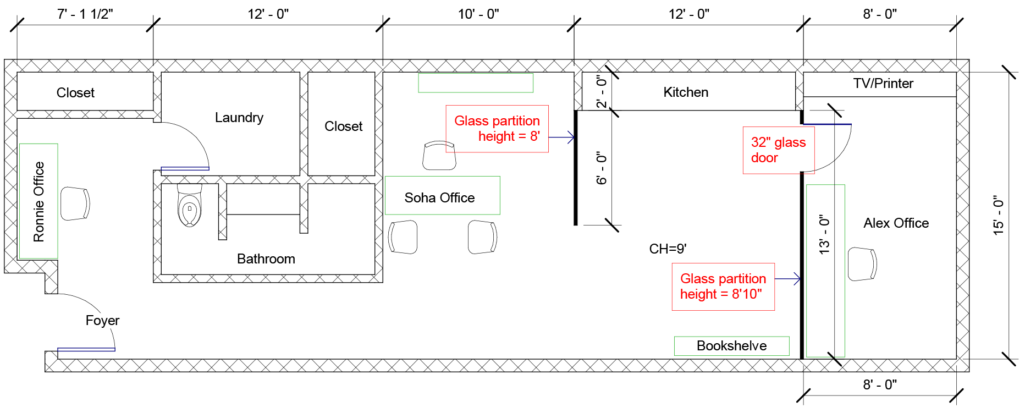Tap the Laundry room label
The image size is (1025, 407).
click(x=239, y=118)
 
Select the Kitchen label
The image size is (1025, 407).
click(x=686, y=92)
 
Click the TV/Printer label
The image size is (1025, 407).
click(x=883, y=83)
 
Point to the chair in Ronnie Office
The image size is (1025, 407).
click(x=75, y=204)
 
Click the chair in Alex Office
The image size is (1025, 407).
click(x=862, y=264)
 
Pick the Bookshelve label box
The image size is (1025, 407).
click(x=732, y=346)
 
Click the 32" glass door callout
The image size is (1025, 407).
click(x=779, y=150)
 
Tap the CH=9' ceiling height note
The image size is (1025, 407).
click(x=668, y=249)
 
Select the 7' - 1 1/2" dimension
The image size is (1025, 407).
click(x=85, y=14)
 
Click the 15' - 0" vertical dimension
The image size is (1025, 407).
click(x=999, y=215)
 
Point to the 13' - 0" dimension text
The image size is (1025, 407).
click(x=824, y=234)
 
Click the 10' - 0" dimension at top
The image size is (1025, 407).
click(x=478, y=14)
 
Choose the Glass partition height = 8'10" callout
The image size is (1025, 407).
click(x=723, y=287)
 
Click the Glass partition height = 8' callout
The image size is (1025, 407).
click(x=497, y=129)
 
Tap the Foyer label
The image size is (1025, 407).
click(x=102, y=321)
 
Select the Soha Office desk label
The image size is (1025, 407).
click(x=440, y=197)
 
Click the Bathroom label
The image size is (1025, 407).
click(x=266, y=258)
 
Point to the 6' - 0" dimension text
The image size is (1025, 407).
click(x=602, y=168)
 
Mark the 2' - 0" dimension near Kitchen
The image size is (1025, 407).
click(x=602, y=91)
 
